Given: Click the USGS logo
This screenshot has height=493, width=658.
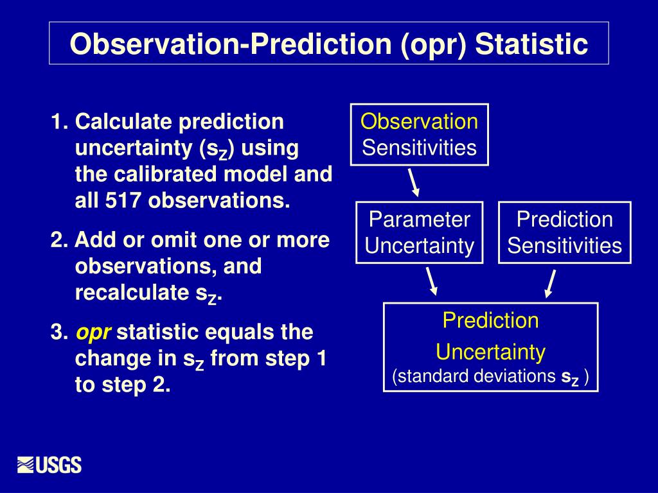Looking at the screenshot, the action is coord(49,465).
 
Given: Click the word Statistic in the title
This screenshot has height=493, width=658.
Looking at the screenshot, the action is coord(531,44).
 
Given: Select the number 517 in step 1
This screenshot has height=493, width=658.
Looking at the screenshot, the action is coord(123,200).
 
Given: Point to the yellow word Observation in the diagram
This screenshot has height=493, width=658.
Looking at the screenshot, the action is coord(419,121).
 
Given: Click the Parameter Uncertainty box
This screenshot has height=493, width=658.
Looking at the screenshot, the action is coord(419,232).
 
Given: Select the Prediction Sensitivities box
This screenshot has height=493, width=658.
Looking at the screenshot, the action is coord(564,232).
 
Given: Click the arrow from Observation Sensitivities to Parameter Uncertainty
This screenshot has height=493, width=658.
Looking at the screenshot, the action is coord(414,183).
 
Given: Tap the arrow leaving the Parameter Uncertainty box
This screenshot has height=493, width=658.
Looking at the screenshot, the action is coord(432,281).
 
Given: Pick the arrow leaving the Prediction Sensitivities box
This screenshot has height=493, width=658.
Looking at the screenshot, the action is coord(550,284).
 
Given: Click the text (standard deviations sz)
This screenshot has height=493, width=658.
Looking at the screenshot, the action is coord(490,376).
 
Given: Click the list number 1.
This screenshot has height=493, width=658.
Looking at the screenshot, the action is coord(59,121).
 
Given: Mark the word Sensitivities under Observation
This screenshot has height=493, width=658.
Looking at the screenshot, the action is coord(419,148).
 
